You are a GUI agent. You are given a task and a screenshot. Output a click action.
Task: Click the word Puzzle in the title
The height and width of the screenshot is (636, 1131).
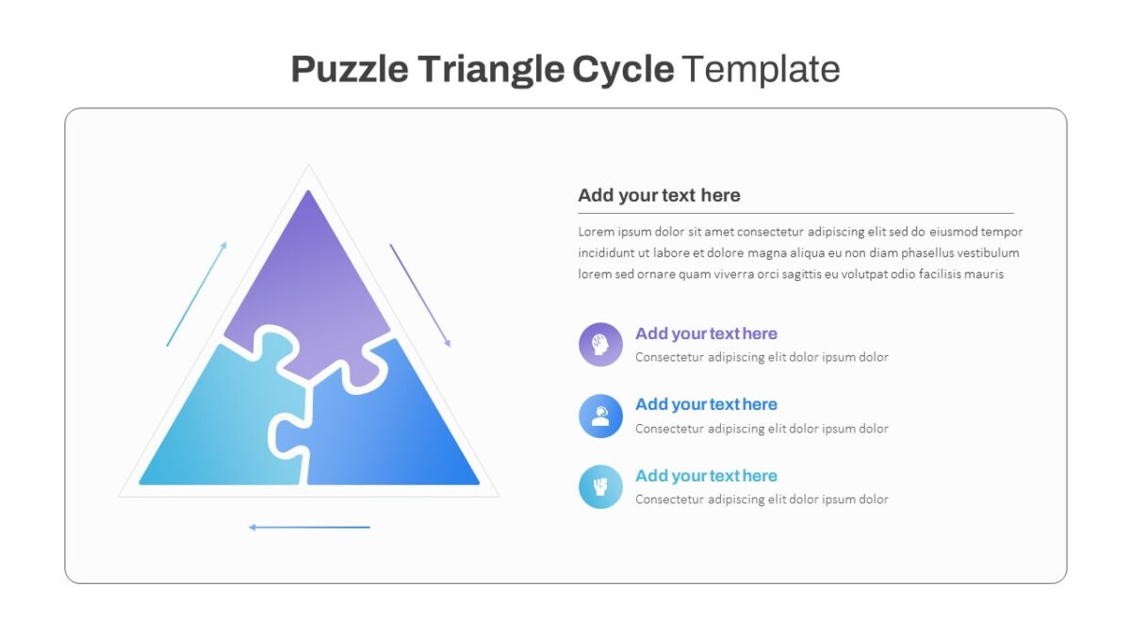pyautogui.click(x=350, y=69)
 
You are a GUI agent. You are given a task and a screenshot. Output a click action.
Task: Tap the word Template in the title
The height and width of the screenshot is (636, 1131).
pyautogui.click(x=761, y=69)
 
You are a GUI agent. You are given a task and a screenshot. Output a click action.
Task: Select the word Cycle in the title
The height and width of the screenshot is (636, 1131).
pyautogui.click(x=623, y=70)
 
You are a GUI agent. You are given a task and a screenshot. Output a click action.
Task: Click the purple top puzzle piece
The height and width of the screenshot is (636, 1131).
pyautogui.click(x=308, y=283)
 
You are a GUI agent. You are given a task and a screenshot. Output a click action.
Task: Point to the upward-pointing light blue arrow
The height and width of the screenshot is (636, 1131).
pyautogui.click(x=196, y=294)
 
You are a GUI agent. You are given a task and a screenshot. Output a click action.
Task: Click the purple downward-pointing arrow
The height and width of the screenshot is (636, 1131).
pyautogui.click(x=420, y=295)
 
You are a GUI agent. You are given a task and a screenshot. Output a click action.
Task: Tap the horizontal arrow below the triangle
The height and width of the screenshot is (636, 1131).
pyautogui.click(x=309, y=528)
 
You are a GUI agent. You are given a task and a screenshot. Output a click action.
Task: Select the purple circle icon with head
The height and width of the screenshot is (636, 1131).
pyautogui.click(x=600, y=345)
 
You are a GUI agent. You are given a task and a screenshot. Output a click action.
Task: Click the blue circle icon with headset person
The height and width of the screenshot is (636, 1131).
pyautogui.click(x=600, y=416)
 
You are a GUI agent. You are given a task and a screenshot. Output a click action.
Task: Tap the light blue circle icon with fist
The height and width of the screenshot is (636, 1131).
pyautogui.click(x=600, y=486)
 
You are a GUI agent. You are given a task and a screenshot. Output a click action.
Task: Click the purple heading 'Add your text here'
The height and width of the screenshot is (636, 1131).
pyautogui.click(x=706, y=334)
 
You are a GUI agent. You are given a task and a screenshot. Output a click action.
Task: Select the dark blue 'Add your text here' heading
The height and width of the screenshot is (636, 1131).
pyautogui.click(x=706, y=404)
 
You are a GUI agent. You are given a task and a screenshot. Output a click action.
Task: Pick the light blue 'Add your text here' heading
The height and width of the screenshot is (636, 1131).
pyautogui.click(x=706, y=476)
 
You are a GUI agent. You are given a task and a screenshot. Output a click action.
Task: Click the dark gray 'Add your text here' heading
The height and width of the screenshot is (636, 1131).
pyautogui.click(x=659, y=195)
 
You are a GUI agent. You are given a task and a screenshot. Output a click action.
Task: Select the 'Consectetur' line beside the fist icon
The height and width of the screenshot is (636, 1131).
pyautogui.click(x=762, y=499)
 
